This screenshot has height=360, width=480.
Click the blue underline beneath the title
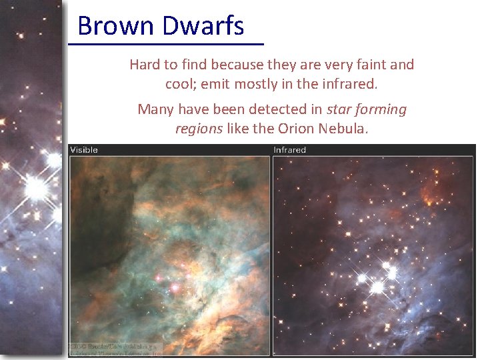[x=166, y=44]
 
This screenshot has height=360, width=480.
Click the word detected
[x=267, y=109]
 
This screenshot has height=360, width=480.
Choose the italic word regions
[x=199, y=128]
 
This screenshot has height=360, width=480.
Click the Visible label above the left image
[x=84, y=150]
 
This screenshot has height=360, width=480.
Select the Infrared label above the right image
[x=289, y=150]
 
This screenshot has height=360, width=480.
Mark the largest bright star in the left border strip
[x=37, y=189]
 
